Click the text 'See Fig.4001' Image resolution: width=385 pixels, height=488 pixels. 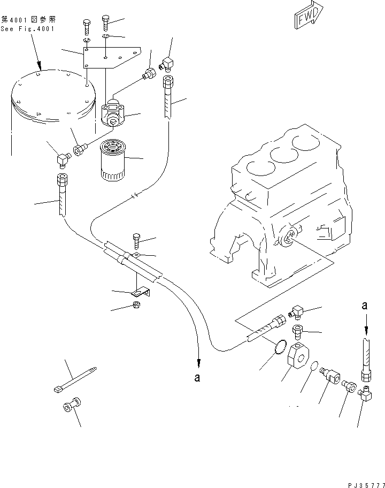(x=27, y=29)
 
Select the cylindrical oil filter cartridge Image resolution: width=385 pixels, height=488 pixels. (x=112, y=160)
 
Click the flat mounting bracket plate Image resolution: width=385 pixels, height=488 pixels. (x=111, y=58)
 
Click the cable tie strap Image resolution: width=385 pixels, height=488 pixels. (x=75, y=380)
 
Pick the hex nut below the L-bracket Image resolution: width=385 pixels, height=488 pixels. (x=136, y=304)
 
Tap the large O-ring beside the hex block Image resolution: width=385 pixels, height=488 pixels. (x=281, y=347)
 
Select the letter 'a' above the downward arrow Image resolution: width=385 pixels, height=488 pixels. (x=365, y=306)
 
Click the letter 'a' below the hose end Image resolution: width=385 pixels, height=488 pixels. (x=197, y=378)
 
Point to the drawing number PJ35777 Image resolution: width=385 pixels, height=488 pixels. (x=366, y=485)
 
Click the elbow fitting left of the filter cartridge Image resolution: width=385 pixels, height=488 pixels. (x=63, y=159)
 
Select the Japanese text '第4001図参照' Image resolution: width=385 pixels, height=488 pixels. (x=28, y=20)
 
